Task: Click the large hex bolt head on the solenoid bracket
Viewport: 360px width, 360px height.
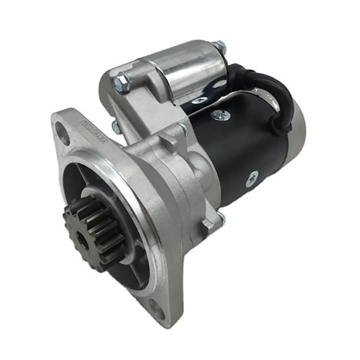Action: [x=121, y=82]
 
